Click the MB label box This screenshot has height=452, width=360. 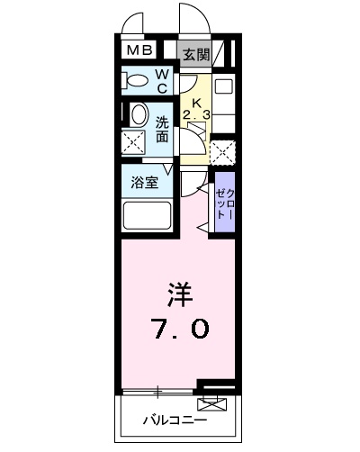pos(139,52)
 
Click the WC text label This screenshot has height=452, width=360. pos(163,81)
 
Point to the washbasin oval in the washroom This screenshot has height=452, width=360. pos(139,114)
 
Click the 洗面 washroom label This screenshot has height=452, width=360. pos(162,129)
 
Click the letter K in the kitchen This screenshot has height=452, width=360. pos(197,102)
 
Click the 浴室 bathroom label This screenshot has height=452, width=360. pos(144,181)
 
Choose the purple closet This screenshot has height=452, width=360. pos(224,206)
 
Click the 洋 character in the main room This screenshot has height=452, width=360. pos(180,294)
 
